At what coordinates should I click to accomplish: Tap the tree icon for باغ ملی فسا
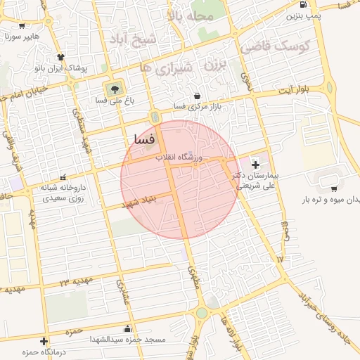(x=112, y=89)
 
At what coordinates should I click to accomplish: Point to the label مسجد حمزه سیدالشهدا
(x=127, y=339)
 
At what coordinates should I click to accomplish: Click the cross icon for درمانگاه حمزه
(x=44, y=341)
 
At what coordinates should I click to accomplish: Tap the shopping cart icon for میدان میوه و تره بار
(x=333, y=188)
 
